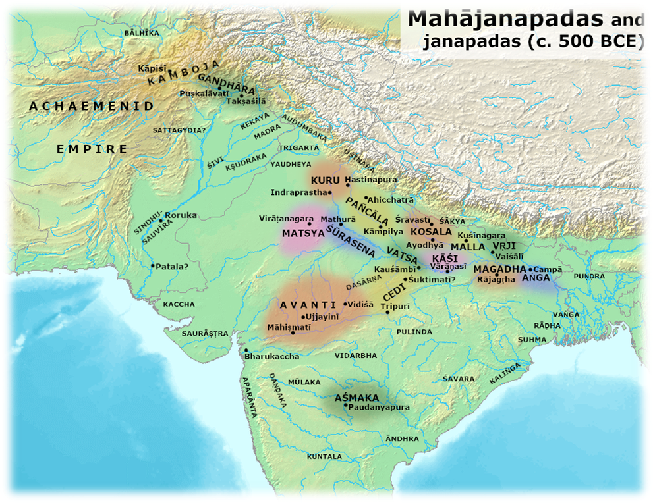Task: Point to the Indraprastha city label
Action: (298, 192)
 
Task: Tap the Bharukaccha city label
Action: (271, 356)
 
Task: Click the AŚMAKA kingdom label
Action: (356, 398)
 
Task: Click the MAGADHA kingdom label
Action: (500, 269)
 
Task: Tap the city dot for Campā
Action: (530, 269)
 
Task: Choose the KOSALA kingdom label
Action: (431, 232)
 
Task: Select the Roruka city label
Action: (181, 215)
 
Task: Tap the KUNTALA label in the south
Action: (325, 456)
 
